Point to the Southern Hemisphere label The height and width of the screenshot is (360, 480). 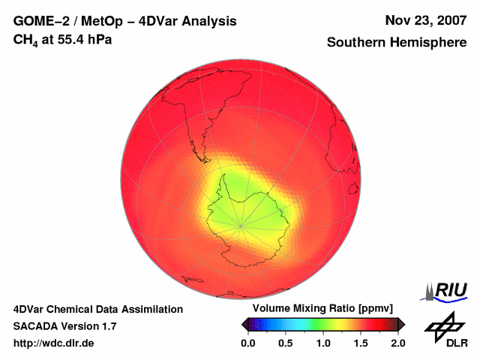click(x=396, y=43)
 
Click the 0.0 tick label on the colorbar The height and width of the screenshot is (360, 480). click(x=247, y=343)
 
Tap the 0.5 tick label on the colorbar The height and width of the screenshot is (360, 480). click(x=285, y=343)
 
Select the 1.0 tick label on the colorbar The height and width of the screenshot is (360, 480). click(x=322, y=343)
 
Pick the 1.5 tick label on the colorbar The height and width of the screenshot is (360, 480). click(x=361, y=343)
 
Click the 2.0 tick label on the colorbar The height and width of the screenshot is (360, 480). click(x=397, y=343)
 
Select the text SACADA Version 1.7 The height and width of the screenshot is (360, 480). click(x=64, y=326)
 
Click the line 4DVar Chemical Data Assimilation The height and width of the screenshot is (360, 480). click(x=98, y=309)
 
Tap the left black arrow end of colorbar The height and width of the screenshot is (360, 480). click(x=244, y=324)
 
